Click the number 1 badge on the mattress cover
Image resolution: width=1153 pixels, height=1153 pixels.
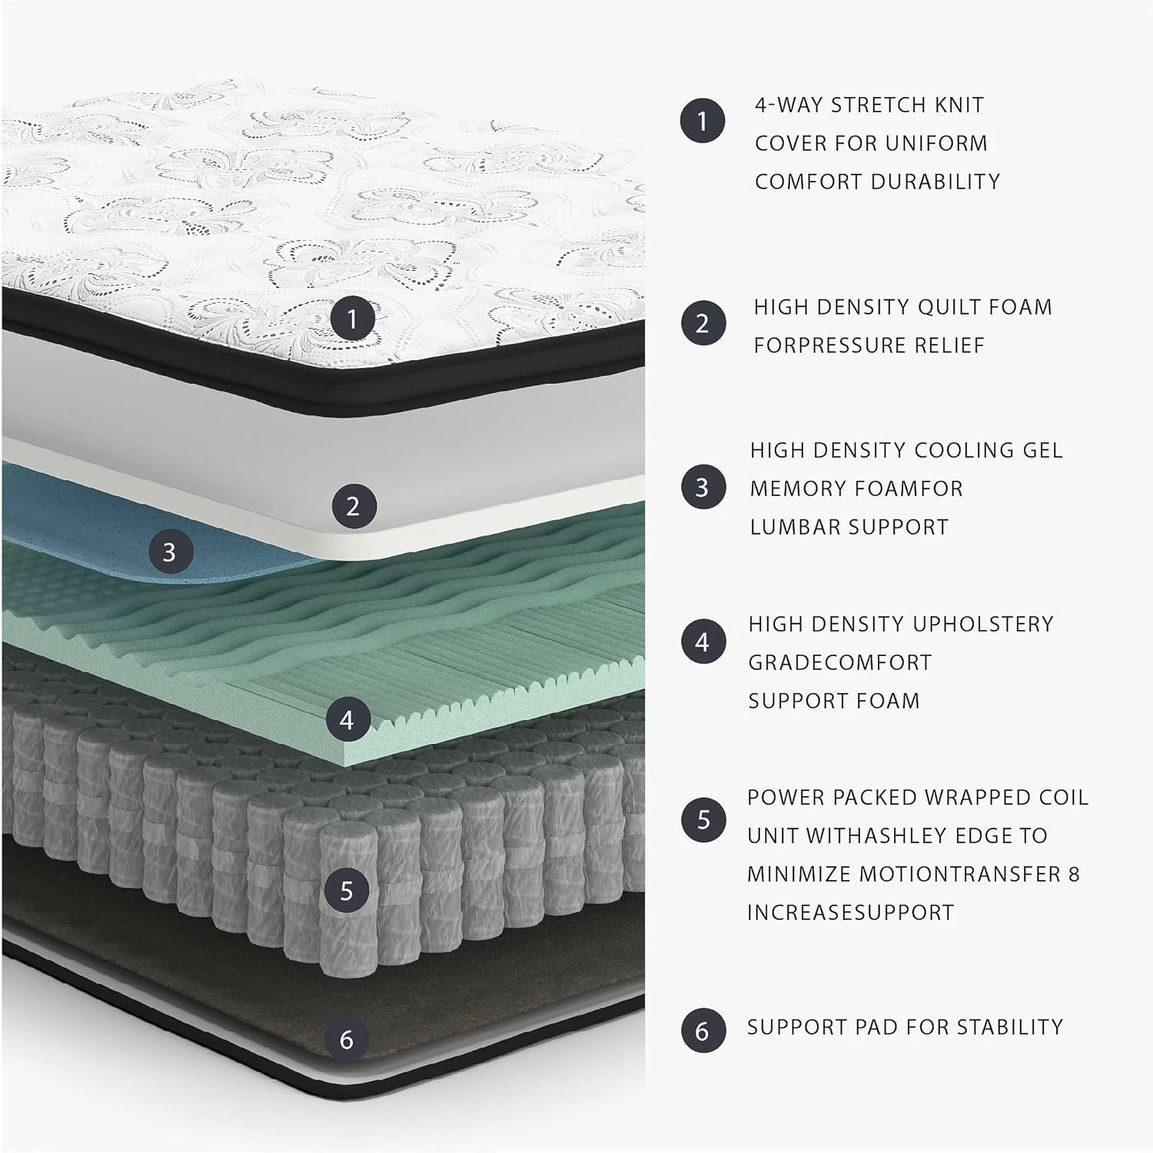click(353, 318)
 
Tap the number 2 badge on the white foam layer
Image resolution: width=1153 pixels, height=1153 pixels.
click(353, 505)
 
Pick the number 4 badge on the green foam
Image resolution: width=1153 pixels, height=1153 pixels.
click(347, 719)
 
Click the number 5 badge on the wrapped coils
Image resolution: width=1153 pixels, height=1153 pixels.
click(347, 890)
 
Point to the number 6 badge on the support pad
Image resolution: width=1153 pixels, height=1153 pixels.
click(347, 1039)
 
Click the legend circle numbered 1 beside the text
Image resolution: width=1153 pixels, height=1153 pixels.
click(702, 121)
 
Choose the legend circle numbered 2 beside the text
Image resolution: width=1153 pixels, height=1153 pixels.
click(703, 323)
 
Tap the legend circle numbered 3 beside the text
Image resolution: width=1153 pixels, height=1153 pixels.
click(703, 487)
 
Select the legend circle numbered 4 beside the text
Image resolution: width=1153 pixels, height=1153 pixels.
click(703, 641)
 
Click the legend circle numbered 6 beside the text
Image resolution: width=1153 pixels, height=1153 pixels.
click(703, 1030)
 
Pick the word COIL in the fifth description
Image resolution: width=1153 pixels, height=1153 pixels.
click(1061, 797)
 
